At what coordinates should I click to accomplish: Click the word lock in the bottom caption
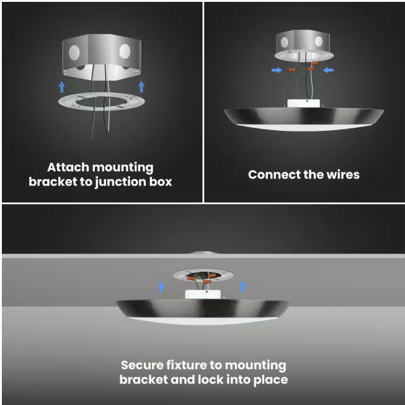[x=210, y=380]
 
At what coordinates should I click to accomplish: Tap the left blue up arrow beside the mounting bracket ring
[x=62, y=87]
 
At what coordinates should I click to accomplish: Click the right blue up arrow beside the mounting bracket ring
[x=141, y=87]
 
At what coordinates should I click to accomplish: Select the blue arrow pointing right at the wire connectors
[x=277, y=70]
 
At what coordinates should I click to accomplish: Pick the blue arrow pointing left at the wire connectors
[x=328, y=70]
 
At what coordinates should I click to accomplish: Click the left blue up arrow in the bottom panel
[x=161, y=287]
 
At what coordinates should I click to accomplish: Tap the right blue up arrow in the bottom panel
[x=243, y=287]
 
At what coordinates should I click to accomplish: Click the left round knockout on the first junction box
[x=74, y=53]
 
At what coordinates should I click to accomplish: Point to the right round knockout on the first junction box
[x=125, y=51]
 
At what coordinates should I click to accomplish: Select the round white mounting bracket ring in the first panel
[x=66, y=101]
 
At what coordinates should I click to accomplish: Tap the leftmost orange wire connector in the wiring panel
[x=292, y=69]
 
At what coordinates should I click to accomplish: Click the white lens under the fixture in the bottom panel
[x=203, y=321]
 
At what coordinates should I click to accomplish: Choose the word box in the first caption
[x=161, y=182]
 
